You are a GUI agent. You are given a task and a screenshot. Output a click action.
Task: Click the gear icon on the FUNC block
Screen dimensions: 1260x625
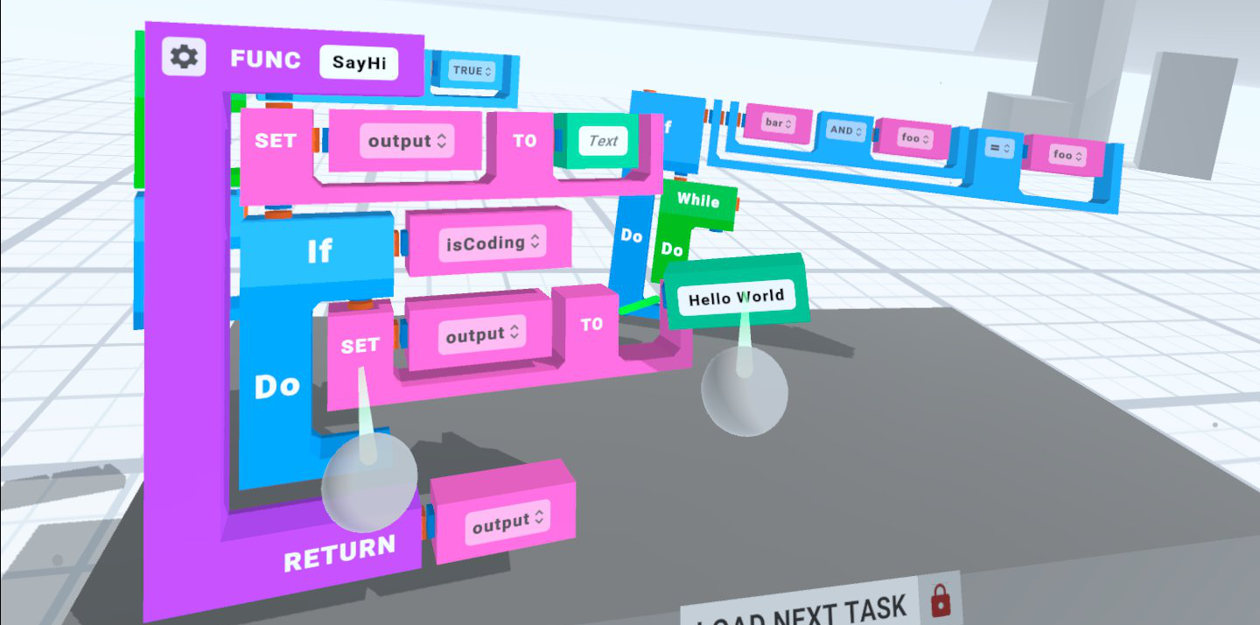click(x=184, y=57)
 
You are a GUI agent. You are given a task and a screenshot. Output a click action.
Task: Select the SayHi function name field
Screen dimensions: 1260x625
click(x=359, y=63)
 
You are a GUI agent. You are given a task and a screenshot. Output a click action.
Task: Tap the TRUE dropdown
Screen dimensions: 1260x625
click(x=472, y=70)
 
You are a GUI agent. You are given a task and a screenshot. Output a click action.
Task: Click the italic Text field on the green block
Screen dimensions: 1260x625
click(x=603, y=141)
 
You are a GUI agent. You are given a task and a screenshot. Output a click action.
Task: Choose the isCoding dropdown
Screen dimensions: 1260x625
click(x=492, y=242)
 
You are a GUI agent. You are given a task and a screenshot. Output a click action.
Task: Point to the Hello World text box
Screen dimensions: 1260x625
click(x=736, y=298)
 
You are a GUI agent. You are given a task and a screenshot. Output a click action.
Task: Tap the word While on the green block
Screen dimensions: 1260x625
click(x=698, y=200)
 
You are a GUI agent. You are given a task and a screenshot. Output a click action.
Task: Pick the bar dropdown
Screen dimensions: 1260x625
click(x=778, y=123)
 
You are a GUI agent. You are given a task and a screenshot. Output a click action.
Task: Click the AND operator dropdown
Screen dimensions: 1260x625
click(x=845, y=130)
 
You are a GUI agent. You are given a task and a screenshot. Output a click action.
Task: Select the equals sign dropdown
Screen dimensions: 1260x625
click(x=997, y=149)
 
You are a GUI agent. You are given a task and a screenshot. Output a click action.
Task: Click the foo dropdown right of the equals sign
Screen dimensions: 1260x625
click(x=1067, y=155)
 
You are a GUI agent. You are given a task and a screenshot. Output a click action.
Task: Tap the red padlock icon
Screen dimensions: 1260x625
click(x=941, y=601)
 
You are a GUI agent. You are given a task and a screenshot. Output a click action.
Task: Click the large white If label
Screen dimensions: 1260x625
click(x=319, y=252)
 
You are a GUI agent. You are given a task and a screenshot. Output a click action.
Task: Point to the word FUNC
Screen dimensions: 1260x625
click(x=265, y=60)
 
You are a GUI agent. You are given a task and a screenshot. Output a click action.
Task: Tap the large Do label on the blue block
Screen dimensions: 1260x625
click(x=276, y=386)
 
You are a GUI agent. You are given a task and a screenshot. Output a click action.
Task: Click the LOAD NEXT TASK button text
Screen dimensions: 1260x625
click(x=801, y=610)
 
